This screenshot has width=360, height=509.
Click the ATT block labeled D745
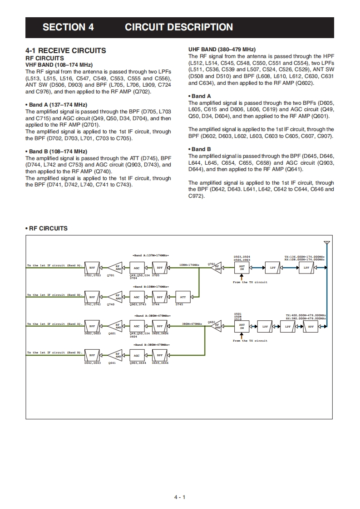pos(182,297)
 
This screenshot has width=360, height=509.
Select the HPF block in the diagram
pos(311,326)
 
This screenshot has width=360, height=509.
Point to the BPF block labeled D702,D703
pos(92,268)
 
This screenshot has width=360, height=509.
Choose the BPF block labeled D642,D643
pos(92,355)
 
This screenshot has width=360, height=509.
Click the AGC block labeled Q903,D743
pos(137,297)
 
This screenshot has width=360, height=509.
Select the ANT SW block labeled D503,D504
pos(242,268)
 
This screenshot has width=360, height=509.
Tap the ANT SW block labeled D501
pos(242,326)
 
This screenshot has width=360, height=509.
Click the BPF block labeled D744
pos(159,297)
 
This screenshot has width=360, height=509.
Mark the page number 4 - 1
pos(180,497)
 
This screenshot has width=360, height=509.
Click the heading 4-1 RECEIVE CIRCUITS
pos(66,51)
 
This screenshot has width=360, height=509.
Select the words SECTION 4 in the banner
pos(68,27)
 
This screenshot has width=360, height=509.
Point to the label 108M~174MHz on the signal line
pos(189,264)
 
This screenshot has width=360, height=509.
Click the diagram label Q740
pos(111,304)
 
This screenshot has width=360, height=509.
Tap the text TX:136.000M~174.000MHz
pos(304,256)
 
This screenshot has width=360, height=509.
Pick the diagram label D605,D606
pos(160,333)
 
